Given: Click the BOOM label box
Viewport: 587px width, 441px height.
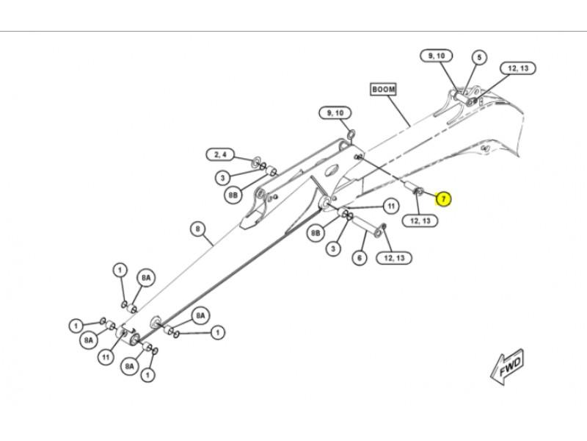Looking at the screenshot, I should (383, 89).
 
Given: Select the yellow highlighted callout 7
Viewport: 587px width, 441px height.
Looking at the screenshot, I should (443, 198).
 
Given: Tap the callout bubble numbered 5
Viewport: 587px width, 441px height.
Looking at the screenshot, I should (478, 57).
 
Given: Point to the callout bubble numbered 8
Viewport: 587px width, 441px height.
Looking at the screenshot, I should (197, 229).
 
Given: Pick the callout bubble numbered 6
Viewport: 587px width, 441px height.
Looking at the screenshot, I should (360, 258).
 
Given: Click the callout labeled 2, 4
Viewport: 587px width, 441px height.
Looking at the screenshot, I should (221, 154).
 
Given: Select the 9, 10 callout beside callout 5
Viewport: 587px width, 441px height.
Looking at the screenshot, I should (436, 56).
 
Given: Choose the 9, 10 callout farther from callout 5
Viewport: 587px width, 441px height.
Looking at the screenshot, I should (335, 112).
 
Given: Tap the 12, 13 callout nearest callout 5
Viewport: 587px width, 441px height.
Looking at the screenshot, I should (518, 68).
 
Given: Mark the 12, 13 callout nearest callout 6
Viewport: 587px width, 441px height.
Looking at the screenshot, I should (394, 257).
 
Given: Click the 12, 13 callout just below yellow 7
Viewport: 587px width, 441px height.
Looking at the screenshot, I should (420, 220).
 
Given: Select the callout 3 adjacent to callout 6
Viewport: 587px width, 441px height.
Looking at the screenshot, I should (334, 249).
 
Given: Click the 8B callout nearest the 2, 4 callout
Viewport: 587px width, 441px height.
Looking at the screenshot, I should (233, 195).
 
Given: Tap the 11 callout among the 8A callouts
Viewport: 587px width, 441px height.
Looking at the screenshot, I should (106, 357).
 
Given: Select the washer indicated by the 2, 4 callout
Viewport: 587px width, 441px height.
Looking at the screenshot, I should (257, 161).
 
